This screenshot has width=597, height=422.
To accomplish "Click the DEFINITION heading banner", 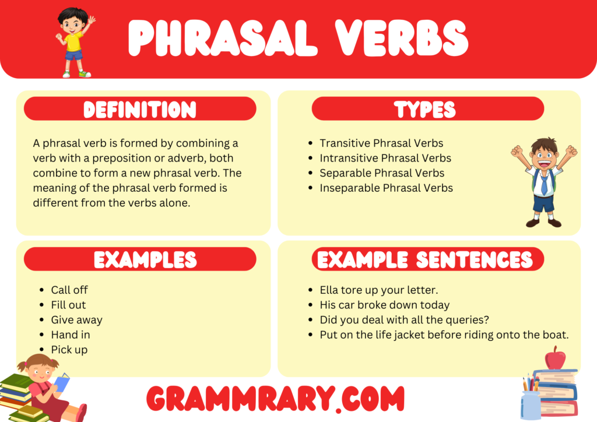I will pos(140,109).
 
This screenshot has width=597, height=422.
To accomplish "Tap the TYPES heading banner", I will pos(427,109).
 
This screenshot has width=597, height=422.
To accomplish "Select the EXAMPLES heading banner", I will pos(140,259).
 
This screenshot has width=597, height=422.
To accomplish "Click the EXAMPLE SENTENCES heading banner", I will pos(427,259).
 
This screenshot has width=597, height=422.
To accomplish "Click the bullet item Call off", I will pos(69,290).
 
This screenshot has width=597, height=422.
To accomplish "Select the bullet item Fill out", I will pos(68,305).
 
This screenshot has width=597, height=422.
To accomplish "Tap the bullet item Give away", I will pos(76,320).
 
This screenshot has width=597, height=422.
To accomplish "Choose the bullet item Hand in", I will pos(71,335).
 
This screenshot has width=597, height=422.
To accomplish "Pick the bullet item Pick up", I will pos(69,350).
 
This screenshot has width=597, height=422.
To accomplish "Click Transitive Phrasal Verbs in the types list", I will pos(381,143).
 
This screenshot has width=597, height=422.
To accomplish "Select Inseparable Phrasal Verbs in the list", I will pos(386,188).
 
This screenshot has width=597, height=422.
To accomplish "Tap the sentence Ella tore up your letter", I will pos(378,290).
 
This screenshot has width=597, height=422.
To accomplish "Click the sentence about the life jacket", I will pos(444,335).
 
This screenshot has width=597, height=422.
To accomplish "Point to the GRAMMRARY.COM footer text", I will pos(275,399).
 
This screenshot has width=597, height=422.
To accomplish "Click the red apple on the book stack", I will pos(554,358).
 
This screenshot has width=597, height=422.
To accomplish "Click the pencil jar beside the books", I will pos(530,403).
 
